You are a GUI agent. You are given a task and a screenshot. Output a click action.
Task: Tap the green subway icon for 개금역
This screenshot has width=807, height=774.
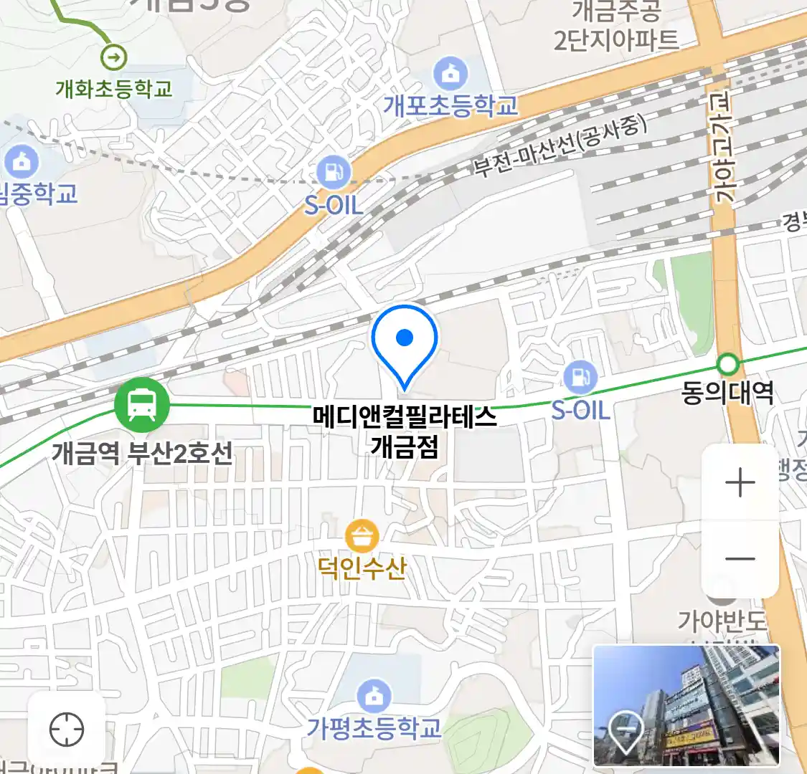pos(141,405)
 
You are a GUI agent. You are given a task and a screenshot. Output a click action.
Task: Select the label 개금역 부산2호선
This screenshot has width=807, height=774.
pos(142,453)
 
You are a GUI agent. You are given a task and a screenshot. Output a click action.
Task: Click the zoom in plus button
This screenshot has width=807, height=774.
pos(740,483)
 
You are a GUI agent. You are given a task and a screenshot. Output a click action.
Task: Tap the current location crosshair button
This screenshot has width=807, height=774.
pos(67,730)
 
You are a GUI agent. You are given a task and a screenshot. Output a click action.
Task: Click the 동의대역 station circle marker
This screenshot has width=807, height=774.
pos(728,365)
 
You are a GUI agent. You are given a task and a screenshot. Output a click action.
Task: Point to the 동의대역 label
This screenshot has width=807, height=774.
pos(727,393)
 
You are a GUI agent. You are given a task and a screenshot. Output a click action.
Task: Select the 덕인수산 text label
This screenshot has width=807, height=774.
pos(362,568)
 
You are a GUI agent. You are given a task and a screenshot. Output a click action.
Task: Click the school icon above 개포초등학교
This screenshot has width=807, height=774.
pos(450,74)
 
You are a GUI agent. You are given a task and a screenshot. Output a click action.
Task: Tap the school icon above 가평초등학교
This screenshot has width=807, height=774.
pos(374,695)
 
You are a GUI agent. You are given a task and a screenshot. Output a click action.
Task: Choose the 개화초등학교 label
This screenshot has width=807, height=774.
pos(114,89)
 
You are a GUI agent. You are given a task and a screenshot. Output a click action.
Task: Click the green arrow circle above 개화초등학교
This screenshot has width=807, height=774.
pos(113,56)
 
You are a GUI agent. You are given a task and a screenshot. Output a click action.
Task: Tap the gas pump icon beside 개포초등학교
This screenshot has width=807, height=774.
pos(334,173)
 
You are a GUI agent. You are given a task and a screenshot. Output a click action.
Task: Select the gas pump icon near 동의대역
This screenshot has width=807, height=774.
pos(580,377)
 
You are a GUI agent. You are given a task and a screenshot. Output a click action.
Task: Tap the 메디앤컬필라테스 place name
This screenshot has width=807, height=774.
pos(405,416)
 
